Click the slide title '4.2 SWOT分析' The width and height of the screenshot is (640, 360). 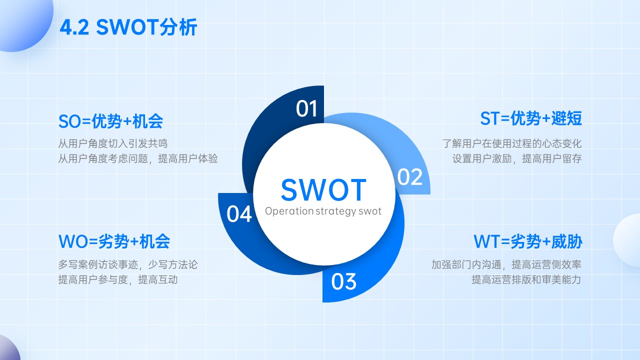[x=128, y=27]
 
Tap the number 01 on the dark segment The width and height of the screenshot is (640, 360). [x=306, y=108]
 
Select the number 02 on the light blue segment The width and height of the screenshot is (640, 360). [x=409, y=177]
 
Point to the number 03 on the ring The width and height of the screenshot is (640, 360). [x=343, y=281]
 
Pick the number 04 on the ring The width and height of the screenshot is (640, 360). [x=239, y=213]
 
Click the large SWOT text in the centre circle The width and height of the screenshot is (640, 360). [x=323, y=189]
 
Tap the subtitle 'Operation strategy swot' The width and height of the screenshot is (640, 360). [x=323, y=211]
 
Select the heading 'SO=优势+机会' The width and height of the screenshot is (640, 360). [x=110, y=121]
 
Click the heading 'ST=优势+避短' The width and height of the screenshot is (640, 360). [x=531, y=118]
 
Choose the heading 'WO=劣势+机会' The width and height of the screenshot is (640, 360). [x=114, y=241]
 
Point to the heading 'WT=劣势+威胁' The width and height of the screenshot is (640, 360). [x=527, y=241]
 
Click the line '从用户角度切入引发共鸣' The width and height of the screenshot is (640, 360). [x=113, y=143]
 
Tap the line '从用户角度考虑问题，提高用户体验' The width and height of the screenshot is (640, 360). [x=138, y=158]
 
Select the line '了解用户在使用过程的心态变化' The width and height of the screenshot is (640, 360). [x=512, y=143]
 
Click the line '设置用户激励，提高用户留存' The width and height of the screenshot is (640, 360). [x=517, y=158]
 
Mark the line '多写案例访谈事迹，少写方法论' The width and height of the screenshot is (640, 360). [x=127, y=264]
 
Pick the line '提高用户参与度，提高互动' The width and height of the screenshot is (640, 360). [x=118, y=279]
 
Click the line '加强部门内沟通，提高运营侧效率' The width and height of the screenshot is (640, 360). [x=506, y=264]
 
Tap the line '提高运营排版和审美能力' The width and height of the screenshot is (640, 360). [x=526, y=279]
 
